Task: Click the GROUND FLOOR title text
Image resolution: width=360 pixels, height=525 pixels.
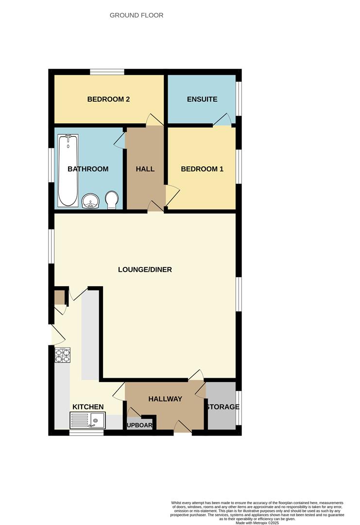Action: [137, 16]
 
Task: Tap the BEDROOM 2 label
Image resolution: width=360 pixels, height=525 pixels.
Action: [108, 99]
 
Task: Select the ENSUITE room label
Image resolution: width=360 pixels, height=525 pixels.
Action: [202, 99]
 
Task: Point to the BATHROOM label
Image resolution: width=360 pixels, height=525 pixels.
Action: [88, 169]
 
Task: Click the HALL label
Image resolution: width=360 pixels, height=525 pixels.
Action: [145, 169]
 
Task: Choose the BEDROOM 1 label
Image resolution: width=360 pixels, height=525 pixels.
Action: [202, 169]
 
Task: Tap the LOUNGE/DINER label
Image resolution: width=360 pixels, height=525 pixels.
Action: [145, 269]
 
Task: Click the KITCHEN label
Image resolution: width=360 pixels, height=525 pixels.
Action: [88, 407]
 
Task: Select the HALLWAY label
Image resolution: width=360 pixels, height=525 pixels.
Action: [165, 399]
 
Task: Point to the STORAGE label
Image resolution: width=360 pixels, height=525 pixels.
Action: [222, 407]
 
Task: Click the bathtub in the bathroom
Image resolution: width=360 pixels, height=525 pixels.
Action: [68, 170]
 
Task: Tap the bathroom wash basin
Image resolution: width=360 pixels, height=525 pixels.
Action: [90, 201]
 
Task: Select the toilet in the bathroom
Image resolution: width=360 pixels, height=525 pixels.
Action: [112, 199]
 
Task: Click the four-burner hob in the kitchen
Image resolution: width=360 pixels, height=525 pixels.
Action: [63, 356]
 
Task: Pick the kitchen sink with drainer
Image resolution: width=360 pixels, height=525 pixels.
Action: [87, 420]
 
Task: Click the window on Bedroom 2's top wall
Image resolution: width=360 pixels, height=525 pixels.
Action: [107, 72]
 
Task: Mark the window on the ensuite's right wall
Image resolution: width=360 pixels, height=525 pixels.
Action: [239, 99]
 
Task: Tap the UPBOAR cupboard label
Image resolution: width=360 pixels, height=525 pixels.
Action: [139, 426]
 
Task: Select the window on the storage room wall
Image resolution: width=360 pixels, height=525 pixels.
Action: [239, 407]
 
